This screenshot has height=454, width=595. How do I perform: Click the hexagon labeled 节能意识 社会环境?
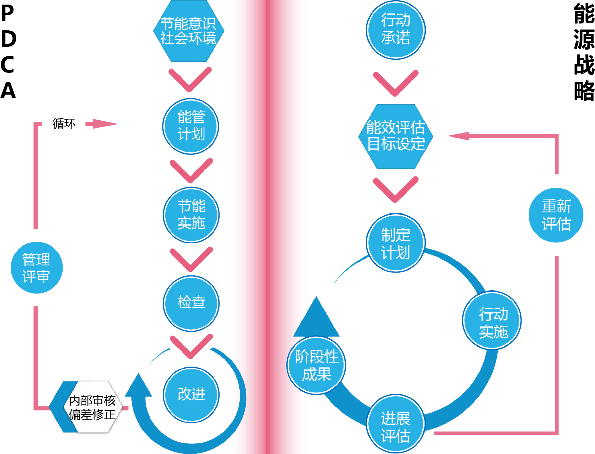point(188,31)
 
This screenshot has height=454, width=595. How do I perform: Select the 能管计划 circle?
point(191,126)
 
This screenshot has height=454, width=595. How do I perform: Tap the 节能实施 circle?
point(191,215)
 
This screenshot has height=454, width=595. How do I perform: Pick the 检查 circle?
point(191,303)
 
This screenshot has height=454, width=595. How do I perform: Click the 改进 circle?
point(191,394)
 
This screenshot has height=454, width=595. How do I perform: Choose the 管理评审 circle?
point(36,268)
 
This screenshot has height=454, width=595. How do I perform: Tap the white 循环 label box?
point(63,123)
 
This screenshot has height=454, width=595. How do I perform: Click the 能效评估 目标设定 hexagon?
point(396,136)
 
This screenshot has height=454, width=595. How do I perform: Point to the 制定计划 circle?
point(396,243)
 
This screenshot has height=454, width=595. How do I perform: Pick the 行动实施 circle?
point(493,320)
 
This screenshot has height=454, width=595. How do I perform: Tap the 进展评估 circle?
point(396,424)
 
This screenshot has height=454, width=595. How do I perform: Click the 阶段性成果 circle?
point(316,365)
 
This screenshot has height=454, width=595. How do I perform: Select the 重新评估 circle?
point(556,215)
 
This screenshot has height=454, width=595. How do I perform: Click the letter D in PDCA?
point(9,39)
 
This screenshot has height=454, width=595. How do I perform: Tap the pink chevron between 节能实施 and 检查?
point(191,259)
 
